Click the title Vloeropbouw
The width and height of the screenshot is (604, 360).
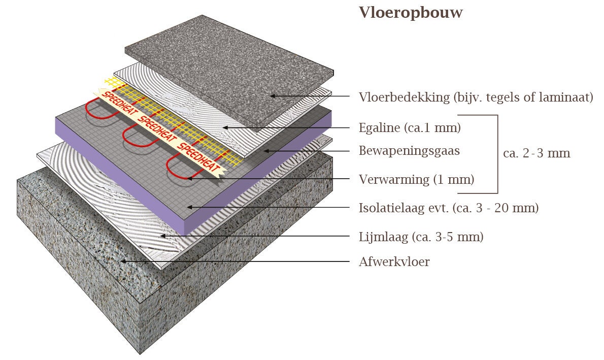411,13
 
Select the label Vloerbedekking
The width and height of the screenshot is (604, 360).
402,97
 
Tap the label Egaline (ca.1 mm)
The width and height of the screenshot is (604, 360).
410,127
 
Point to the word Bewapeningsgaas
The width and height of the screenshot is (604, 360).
409,150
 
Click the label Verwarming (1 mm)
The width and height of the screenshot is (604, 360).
416,179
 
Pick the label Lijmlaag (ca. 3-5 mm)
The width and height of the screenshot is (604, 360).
421,237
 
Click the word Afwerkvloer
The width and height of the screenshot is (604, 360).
394,262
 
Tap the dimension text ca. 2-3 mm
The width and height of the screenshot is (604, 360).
536,153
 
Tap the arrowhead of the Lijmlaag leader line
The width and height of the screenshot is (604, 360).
162,236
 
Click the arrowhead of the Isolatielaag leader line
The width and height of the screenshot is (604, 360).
189,207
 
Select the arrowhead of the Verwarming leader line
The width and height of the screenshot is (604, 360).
189,178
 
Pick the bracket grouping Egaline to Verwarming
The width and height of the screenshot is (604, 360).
497,154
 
